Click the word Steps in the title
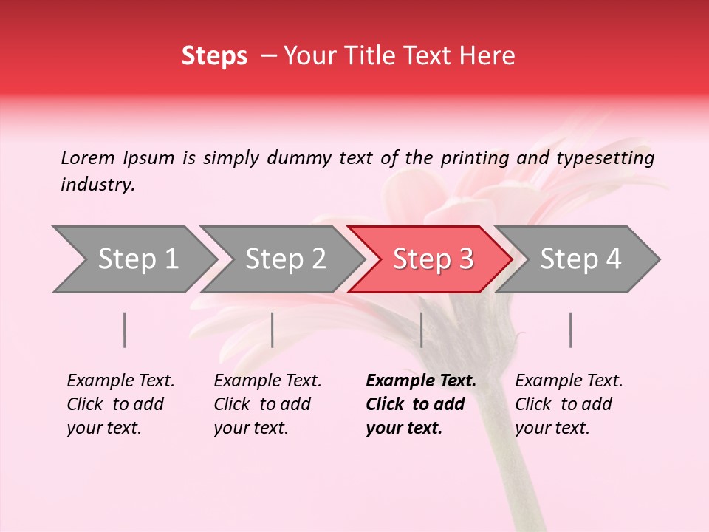[x=214, y=56]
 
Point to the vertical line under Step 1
[x=125, y=330]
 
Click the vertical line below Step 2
[x=273, y=330]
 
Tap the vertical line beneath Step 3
[x=421, y=330]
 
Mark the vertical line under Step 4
[x=571, y=330]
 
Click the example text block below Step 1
[x=120, y=404]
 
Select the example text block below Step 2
[x=267, y=404]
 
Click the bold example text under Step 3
[x=420, y=404]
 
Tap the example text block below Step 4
[x=569, y=404]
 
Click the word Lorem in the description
[x=87, y=158]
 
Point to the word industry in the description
[x=97, y=185]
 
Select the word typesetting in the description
[x=605, y=158]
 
